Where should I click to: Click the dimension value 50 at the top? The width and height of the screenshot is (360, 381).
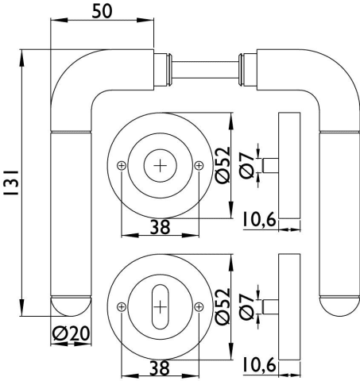pyautogui.click(x=102, y=12)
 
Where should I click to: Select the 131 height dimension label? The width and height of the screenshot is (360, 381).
pyautogui.click(x=11, y=183)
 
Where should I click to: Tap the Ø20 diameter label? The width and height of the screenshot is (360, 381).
pyautogui.click(x=71, y=333)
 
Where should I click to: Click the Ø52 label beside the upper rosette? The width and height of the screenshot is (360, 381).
pyautogui.click(x=223, y=165)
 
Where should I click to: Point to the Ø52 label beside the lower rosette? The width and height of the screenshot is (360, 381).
pyautogui.click(x=223, y=306)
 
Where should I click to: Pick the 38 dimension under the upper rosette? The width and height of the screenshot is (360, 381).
pyautogui.click(x=160, y=227)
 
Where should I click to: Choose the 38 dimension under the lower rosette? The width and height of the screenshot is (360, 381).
pyautogui.click(x=160, y=368)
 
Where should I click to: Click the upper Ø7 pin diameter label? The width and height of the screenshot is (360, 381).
pyautogui.click(x=247, y=166)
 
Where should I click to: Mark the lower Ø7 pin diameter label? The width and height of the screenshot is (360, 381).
pyautogui.click(x=247, y=307)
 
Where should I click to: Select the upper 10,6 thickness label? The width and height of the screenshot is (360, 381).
pyautogui.click(x=260, y=219)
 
